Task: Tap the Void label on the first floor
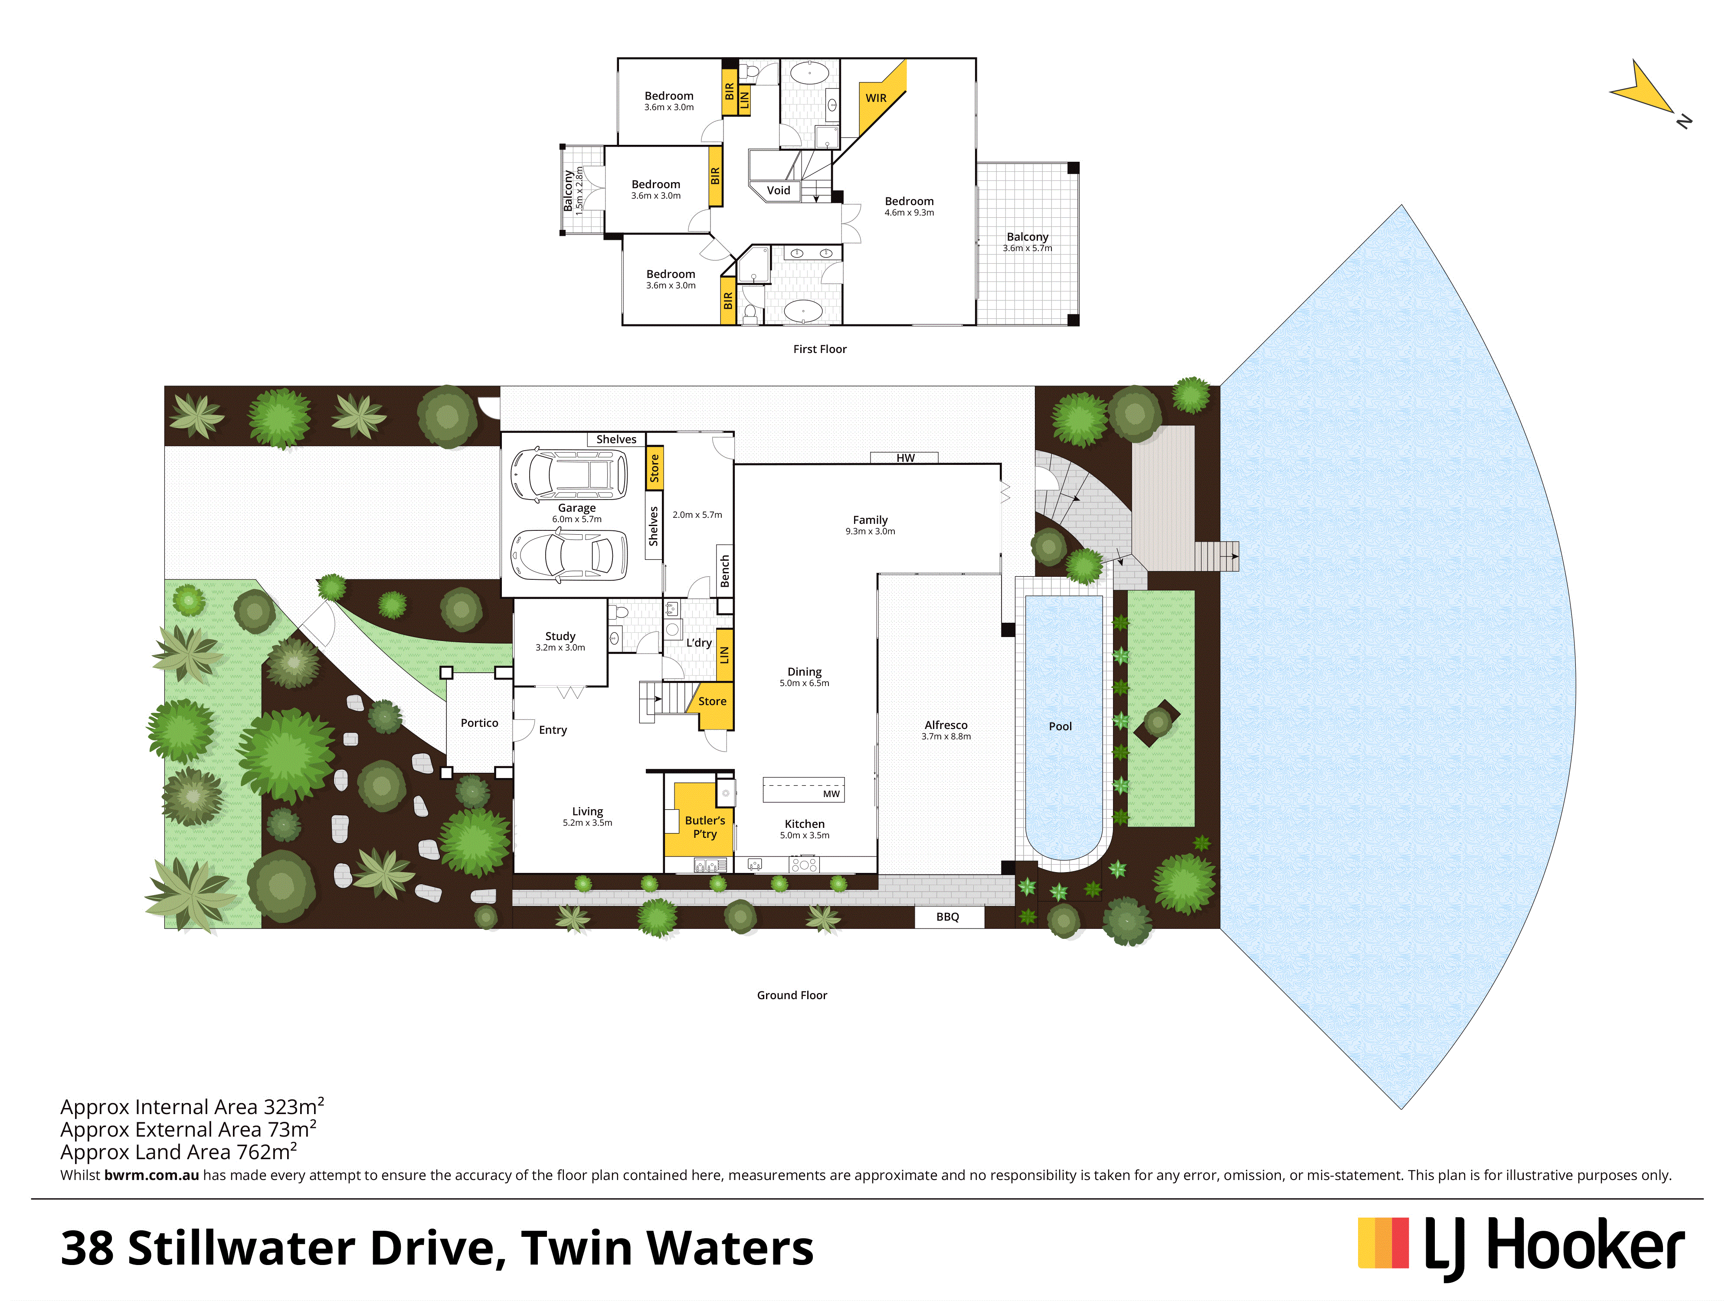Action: pyautogui.click(x=778, y=190)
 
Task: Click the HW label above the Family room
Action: pyautogui.click(x=905, y=458)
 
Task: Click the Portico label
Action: pyautogui.click(x=479, y=723)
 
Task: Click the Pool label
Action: pyautogui.click(x=1061, y=727)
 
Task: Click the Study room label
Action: pyautogui.click(x=560, y=636)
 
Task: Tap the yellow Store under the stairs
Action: pyautogui.click(x=712, y=702)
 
